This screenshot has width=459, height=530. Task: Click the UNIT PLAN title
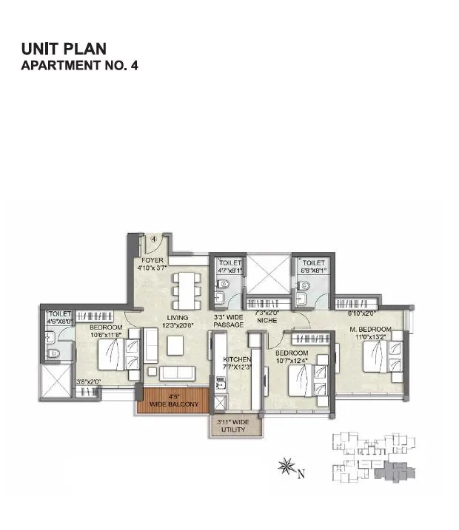coord(64,49)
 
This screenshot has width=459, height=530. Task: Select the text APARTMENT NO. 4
coord(80,65)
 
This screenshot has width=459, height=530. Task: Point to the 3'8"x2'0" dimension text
coord(87,382)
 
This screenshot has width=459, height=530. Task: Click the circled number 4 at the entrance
coord(155,239)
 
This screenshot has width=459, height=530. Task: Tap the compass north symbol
coord(286,467)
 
